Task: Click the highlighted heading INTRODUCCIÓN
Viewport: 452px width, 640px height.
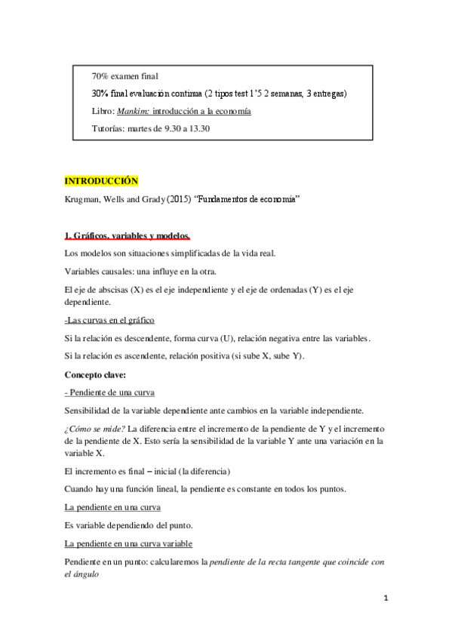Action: pyautogui.click(x=102, y=182)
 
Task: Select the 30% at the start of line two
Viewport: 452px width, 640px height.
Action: pyautogui.click(x=100, y=94)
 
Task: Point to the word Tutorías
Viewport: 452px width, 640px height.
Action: pyautogui.click(x=109, y=128)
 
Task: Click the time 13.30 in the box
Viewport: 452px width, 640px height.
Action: pyautogui.click(x=198, y=128)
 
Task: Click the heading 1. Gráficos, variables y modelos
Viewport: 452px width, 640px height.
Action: pyautogui.click(x=127, y=236)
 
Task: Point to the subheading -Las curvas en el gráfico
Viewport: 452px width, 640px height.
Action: pyautogui.click(x=110, y=320)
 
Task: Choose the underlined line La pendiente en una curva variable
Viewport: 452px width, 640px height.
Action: pyautogui.click(x=128, y=543)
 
